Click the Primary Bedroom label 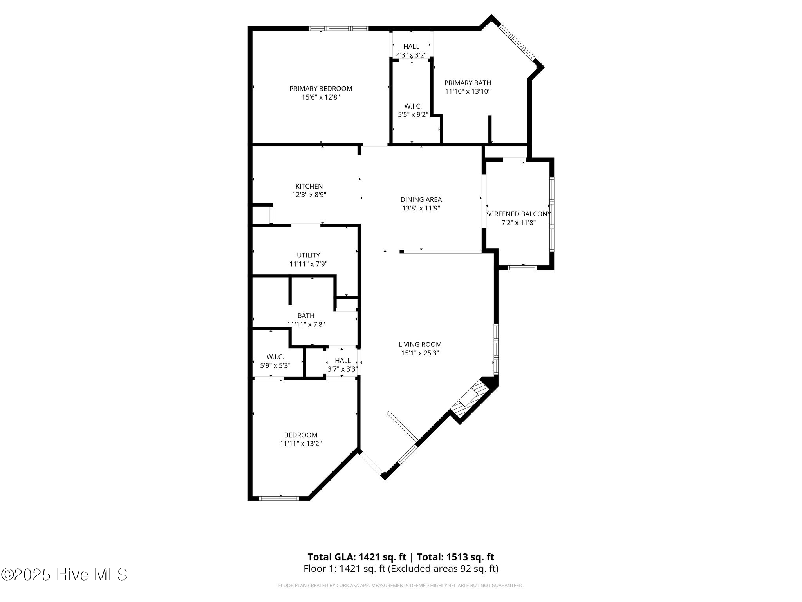320,89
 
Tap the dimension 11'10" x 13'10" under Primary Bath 468,92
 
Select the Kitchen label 309,186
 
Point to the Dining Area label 421,199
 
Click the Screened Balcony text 518,214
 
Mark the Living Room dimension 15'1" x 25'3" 420,353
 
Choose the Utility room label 308,255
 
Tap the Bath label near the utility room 305,316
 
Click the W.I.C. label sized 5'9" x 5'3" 275,357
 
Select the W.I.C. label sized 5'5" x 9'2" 413,106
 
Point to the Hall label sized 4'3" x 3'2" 411,47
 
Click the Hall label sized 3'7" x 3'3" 343,360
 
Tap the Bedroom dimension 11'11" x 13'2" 300,444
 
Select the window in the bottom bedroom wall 279,499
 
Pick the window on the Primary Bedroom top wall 338,28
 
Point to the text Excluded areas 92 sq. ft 443,569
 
